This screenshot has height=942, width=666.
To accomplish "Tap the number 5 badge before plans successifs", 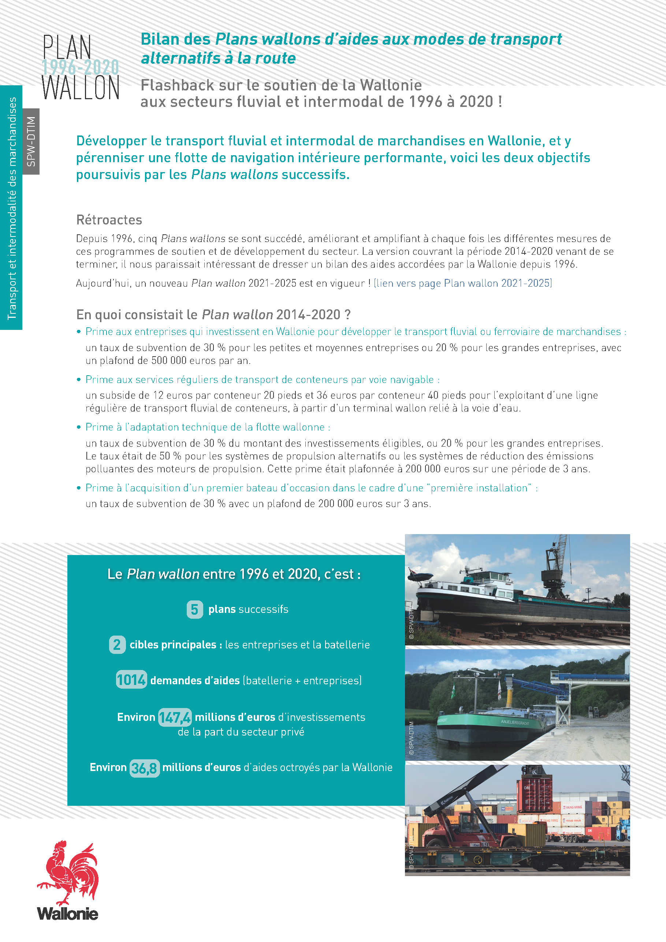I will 194,610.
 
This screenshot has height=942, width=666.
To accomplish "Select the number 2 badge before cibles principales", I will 117,645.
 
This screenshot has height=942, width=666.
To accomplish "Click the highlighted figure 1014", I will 131,680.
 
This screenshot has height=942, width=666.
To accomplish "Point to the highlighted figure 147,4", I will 175,717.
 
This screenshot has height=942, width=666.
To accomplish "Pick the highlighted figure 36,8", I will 145,768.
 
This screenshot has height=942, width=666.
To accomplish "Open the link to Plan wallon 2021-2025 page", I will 463,283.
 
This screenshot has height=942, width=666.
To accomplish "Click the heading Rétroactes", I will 109,220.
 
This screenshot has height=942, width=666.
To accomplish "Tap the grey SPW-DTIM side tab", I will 31,142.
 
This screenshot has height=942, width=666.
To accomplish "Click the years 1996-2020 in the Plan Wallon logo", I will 81,67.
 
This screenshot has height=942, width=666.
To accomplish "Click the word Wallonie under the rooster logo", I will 68,914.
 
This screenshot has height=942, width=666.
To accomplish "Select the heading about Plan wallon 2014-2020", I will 213,315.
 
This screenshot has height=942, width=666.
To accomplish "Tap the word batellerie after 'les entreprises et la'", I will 347,645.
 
